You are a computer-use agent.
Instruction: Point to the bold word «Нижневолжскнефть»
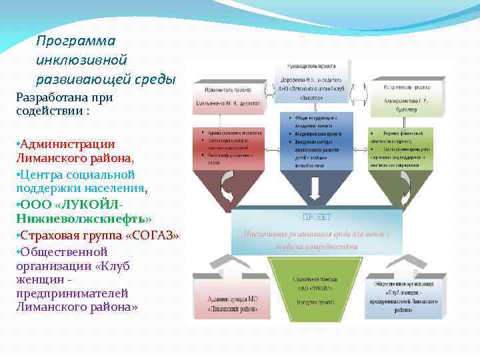(x=80, y=219)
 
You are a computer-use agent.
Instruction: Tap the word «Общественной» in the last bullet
(x=64, y=252)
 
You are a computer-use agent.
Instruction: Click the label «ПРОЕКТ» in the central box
(x=317, y=217)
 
